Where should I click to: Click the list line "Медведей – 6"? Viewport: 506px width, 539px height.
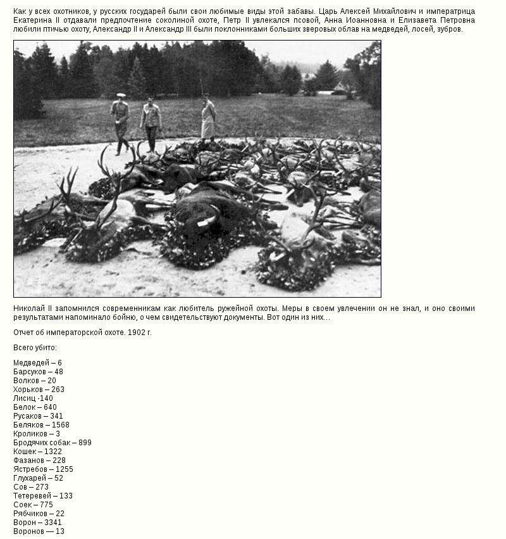click(x=37, y=363)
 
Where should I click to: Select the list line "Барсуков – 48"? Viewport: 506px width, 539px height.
click(x=38, y=372)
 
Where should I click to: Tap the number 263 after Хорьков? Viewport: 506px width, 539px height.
click(x=58, y=390)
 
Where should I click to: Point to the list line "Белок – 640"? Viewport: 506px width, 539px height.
click(x=35, y=407)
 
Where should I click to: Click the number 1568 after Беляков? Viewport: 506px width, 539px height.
click(x=61, y=425)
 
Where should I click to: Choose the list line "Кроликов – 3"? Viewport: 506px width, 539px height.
click(x=37, y=434)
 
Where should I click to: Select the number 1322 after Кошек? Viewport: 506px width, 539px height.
click(x=53, y=452)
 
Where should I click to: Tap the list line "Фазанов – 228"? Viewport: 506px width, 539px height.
click(x=39, y=460)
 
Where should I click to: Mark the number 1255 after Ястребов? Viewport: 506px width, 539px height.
click(x=64, y=469)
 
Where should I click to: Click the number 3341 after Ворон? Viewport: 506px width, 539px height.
click(x=53, y=523)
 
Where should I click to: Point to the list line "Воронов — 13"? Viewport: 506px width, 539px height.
click(x=39, y=531)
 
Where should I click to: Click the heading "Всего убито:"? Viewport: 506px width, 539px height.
click(x=35, y=348)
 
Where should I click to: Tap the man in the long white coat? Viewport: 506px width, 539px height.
click(x=208, y=118)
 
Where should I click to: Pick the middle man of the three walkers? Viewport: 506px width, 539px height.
click(x=151, y=122)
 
